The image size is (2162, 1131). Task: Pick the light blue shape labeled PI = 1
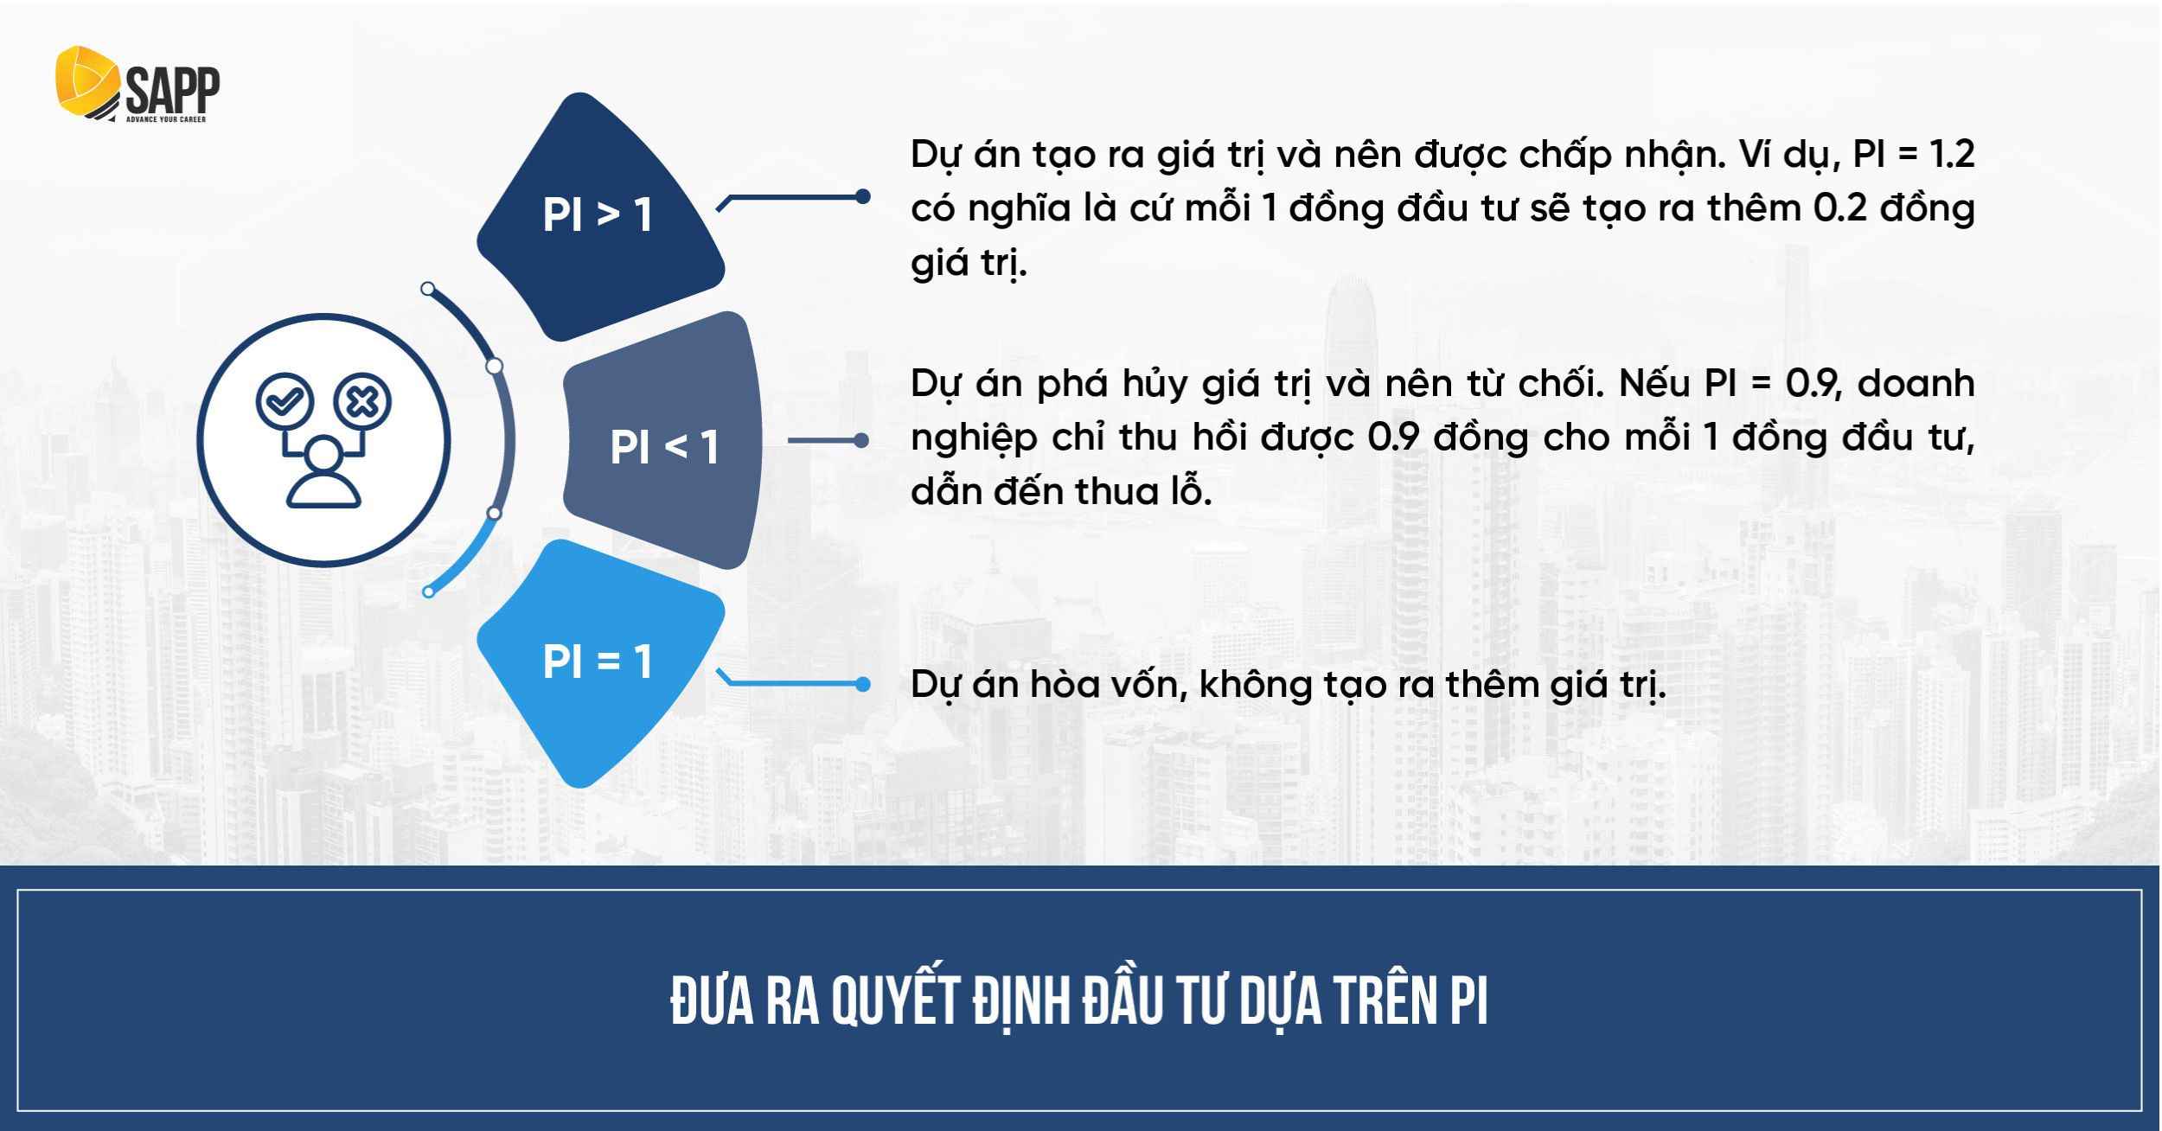tap(597, 662)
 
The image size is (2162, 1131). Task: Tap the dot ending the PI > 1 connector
tap(862, 197)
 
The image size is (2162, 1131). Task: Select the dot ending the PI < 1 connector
tap(861, 441)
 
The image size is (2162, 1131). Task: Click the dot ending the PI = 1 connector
tap(862, 685)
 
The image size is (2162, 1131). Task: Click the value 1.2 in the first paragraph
tap(1952, 155)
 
